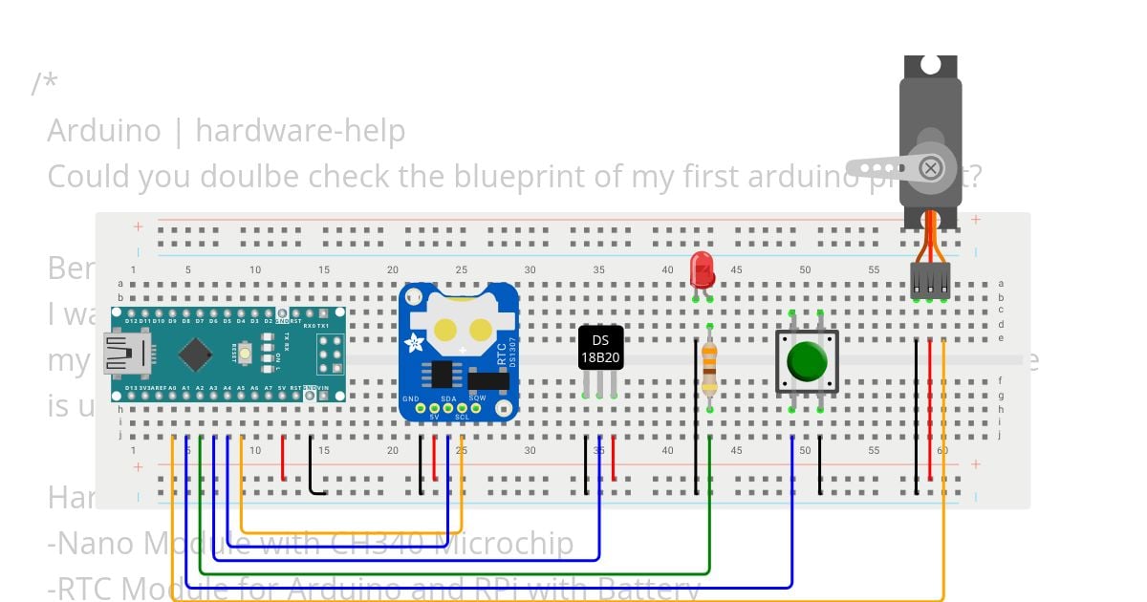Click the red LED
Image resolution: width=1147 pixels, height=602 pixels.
point(702,269)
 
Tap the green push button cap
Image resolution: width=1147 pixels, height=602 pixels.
point(807,361)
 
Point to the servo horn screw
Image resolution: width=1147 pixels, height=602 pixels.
point(930,169)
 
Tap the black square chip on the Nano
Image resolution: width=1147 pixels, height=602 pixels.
point(195,354)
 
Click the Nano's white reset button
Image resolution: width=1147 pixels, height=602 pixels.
point(246,354)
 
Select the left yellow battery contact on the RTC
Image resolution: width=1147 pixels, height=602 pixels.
point(445,331)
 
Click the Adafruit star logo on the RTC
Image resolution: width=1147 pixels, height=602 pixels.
point(415,343)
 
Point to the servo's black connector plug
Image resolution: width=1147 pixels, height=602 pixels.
point(930,279)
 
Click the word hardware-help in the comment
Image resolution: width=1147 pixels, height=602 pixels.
point(300,130)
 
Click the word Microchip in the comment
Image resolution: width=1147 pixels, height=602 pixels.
point(504,543)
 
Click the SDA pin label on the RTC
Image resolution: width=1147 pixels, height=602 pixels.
point(447,398)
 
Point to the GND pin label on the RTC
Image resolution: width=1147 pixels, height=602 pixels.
point(411,398)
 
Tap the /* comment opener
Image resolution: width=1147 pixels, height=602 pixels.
point(44,84)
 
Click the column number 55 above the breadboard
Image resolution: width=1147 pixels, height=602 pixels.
point(874,269)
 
